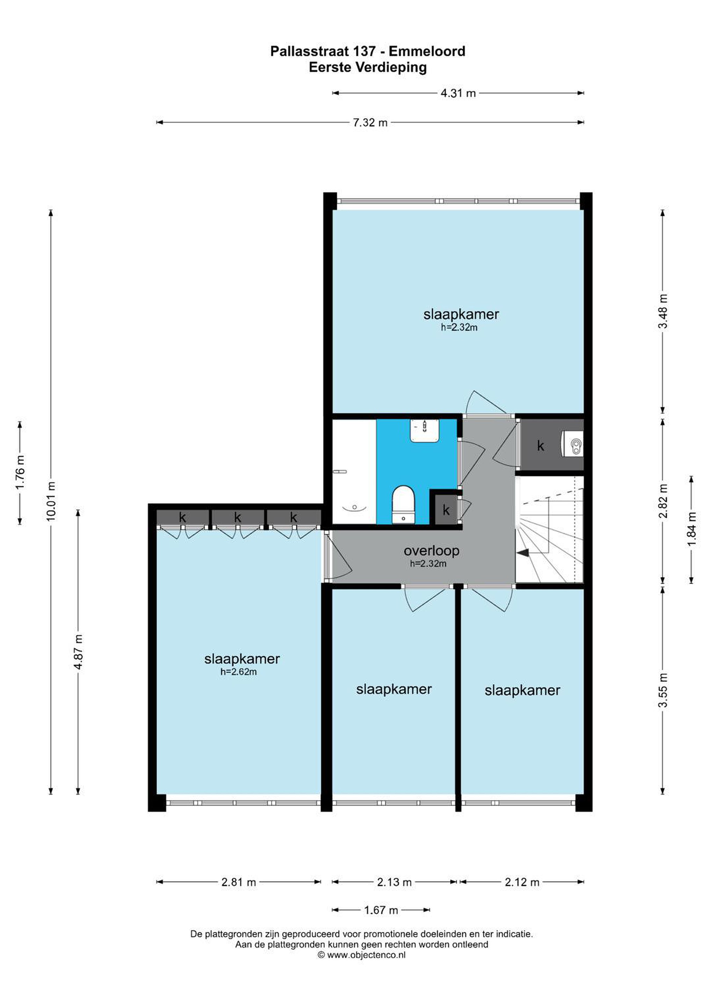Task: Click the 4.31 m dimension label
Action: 458,93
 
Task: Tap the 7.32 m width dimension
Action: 370,123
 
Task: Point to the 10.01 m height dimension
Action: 51,501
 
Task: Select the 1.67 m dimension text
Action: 381,911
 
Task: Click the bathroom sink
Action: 425,430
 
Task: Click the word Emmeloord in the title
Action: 427,51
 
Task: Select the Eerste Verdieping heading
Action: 368,67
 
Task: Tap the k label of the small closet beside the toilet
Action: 446,510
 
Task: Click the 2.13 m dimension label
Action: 394,882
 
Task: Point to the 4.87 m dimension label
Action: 79,652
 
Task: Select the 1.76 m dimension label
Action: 20,473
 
